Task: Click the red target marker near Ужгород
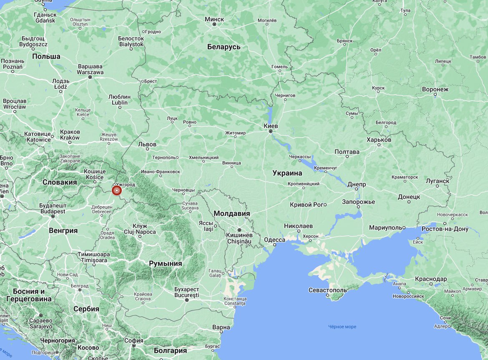(x=117, y=191)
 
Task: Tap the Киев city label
(x=271, y=125)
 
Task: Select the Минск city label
(x=214, y=19)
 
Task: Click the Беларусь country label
(x=224, y=47)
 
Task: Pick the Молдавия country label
(x=231, y=213)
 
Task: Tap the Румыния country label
(x=166, y=263)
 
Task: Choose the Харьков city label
(x=379, y=140)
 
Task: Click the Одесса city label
(x=274, y=240)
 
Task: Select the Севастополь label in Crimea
(x=327, y=290)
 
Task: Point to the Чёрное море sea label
(x=342, y=327)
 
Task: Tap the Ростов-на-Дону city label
(x=445, y=229)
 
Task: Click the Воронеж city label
(x=435, y=89)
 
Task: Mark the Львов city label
(x=147, y=144)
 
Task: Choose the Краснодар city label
(x=431, y=279)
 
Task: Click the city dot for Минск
(x=214, y=25)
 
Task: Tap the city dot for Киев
(x=271, y=131)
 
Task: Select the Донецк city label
(x=409, y=196)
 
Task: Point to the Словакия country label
(x=60, y=182)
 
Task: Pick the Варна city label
(x=221, y=327)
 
